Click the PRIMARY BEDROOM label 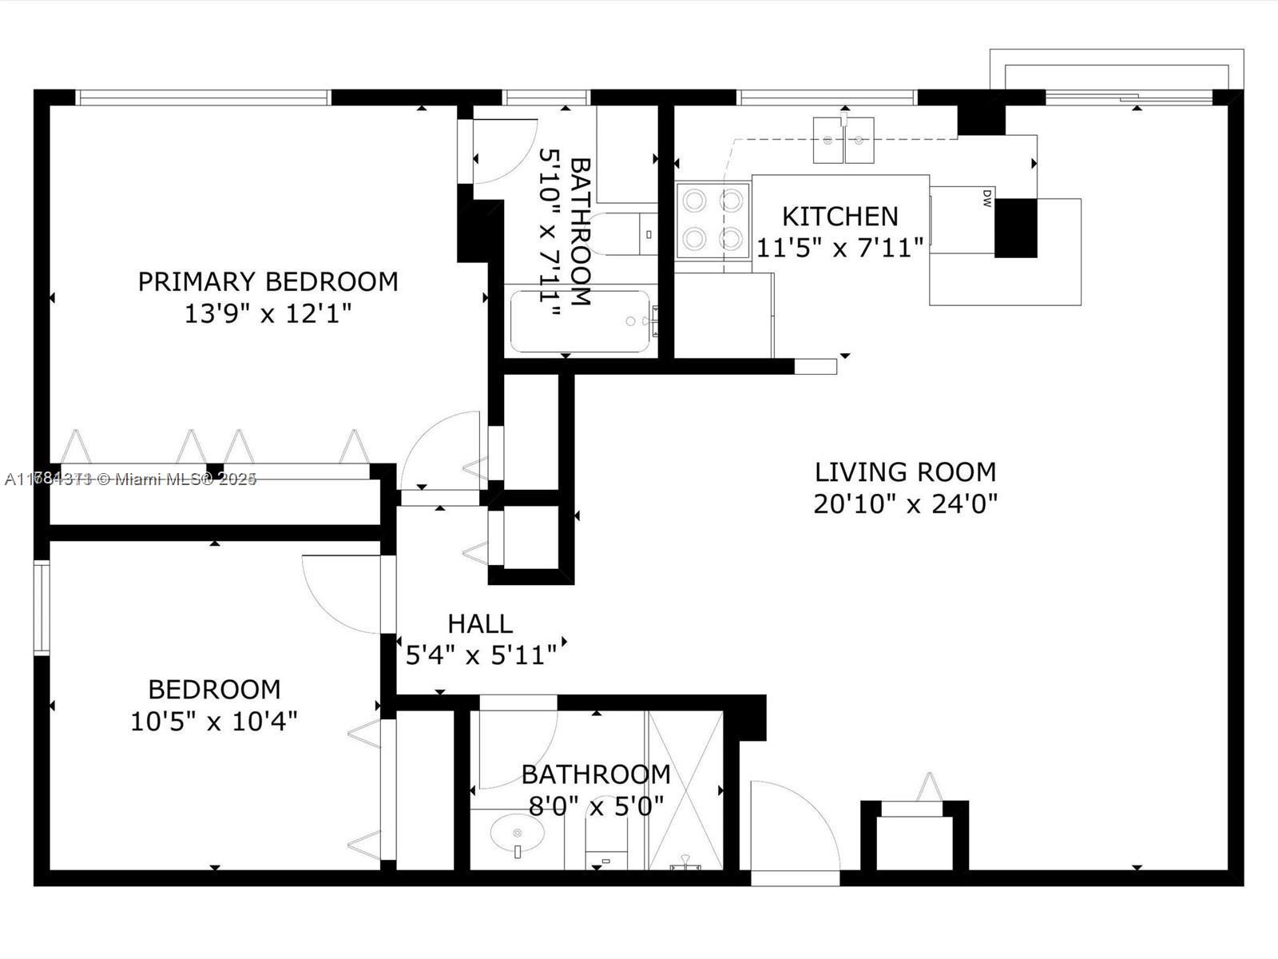click(268, 281)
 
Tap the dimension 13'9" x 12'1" click(268, 313)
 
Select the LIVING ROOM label click(905, 472)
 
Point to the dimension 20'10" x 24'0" click(905, 504)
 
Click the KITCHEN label click(839, 216)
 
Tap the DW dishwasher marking click(986, 198)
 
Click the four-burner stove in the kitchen click(712, 220)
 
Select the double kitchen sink click(843, 140)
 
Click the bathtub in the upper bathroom click(581, 321)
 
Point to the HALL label click(479, 623)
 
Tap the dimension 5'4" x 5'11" click(481, 655)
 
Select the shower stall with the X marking click(685, 790)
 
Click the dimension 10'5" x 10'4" click(213, 722)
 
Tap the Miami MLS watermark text click(130, 479)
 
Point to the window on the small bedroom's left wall click(42, 607)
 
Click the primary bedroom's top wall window click(203, 97)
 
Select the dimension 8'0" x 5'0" click(596, 806)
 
